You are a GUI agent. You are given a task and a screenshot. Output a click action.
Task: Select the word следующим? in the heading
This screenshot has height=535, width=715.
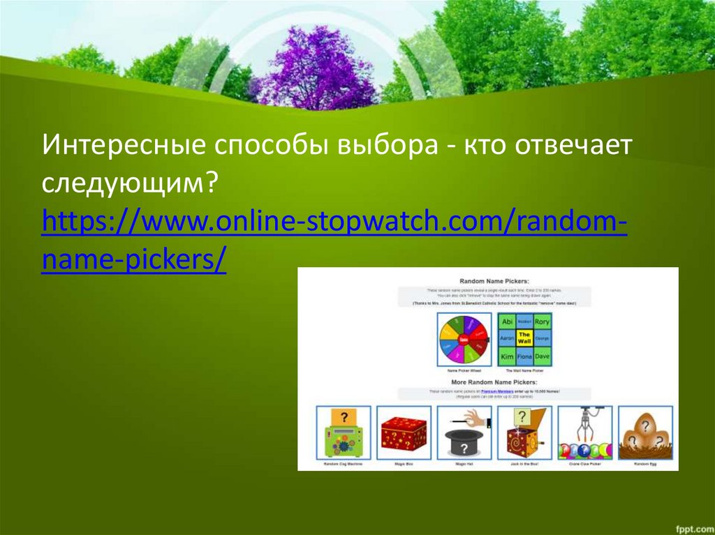[129, 184]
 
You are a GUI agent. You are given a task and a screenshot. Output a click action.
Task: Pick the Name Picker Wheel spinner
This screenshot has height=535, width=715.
[463, 339]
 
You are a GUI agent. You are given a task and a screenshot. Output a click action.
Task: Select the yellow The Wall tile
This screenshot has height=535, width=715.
[524, 339]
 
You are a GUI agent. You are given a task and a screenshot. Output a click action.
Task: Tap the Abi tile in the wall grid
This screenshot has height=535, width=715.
[508, 322]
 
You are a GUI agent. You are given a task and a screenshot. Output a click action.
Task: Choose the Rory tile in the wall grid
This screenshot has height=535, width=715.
[542, 322]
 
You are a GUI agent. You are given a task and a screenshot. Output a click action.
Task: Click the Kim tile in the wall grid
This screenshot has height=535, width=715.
[508, 356]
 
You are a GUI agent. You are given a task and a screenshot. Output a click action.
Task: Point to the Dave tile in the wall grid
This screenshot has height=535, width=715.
[542, 356]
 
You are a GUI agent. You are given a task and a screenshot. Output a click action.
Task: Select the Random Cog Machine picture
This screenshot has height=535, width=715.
[343, 432]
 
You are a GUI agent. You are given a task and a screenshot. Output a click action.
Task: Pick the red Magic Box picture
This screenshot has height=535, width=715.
[404, 432]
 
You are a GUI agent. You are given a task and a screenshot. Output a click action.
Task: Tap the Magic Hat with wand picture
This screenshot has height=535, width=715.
[464, 432]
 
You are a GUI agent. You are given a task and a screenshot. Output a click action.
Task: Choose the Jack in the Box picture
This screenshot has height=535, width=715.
[524, 432]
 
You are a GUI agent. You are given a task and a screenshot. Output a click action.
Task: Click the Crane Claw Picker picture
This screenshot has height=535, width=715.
[584, 432]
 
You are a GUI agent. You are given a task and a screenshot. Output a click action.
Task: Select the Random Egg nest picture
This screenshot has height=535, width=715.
[645, 432]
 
